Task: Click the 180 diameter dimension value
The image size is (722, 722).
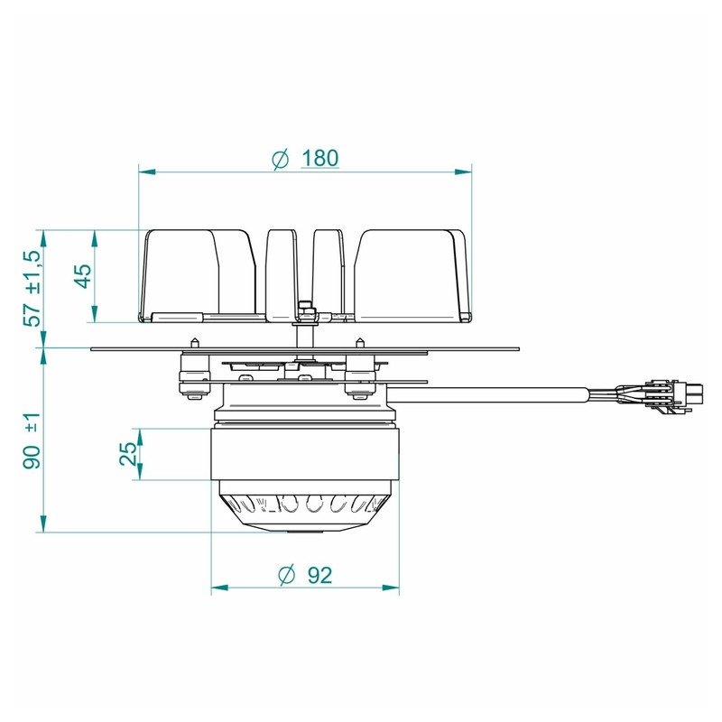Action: (320, 158)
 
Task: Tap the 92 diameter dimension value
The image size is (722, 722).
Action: (319, 575)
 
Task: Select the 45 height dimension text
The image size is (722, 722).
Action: (83, 276)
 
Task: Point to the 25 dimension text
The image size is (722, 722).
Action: (128, 454)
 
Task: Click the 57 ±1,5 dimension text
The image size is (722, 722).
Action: (32, 288)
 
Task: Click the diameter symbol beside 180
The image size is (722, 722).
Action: (281, 160)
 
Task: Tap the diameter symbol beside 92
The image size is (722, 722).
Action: (287, 576)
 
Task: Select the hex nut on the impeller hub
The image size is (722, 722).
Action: (305, 311)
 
